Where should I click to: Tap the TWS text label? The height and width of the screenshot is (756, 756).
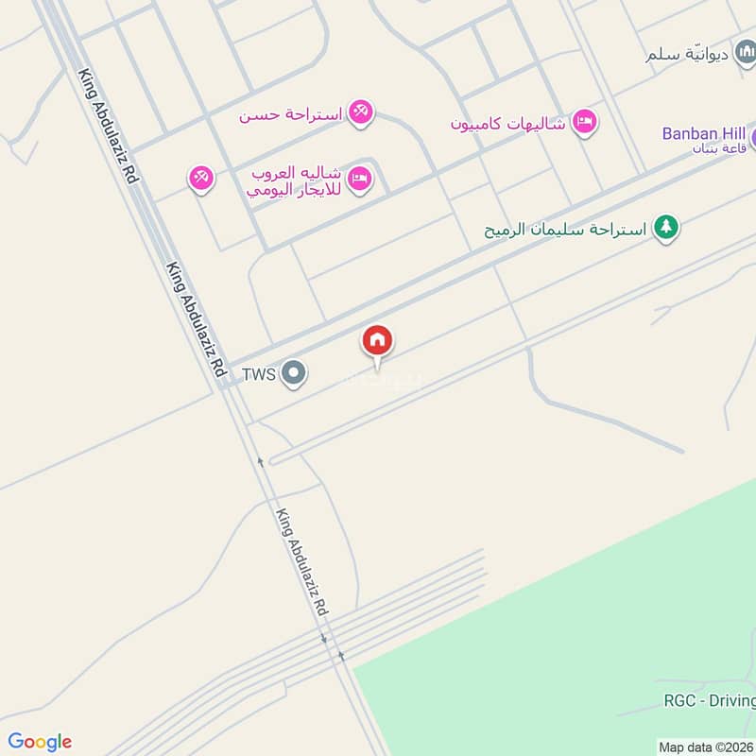(x=258, y=374)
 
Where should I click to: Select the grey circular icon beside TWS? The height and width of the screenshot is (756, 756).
(x=294, y=374)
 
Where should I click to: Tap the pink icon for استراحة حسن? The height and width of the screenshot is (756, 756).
(x=359, y=112)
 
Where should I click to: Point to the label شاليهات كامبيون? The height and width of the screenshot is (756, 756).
(x=507, y=123)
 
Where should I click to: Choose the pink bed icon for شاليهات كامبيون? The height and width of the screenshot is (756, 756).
(x=586, y=121)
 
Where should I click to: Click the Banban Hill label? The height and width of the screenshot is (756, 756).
(x=703, y=133)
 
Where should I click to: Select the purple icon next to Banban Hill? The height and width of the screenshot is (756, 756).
(x=752, y=136)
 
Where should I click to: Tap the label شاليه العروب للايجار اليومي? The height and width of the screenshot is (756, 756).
(x=294, y=181)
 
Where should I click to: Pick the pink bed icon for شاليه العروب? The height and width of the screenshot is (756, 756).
(x=359, y=178)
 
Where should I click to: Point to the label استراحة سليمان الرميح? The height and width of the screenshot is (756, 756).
(x=565, y=229)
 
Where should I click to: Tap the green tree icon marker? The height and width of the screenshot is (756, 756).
(x=666, y=227)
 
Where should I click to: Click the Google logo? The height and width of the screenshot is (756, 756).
(x=40, y=742)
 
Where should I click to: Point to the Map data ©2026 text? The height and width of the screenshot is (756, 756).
(x=706, y=747)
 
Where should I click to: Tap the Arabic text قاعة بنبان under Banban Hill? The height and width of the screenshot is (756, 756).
(x=719, y=148)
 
